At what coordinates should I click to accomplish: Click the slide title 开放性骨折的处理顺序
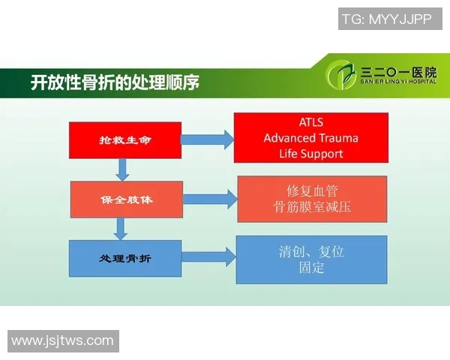(114, 82)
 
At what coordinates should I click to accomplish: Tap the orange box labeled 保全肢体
(126, 199)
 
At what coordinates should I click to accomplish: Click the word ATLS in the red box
(310, 122)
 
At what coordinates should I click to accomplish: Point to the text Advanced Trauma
(310, 138)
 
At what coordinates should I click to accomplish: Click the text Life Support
(310, 154)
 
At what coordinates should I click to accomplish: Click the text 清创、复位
(311, 251)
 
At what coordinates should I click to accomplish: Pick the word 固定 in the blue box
(311, 268)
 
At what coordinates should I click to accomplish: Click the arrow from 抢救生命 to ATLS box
(207, 139)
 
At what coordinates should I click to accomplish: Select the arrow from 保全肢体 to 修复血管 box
(209, 199)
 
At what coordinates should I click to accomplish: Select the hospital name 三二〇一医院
(398, 72)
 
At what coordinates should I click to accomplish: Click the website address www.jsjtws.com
(63, 341)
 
